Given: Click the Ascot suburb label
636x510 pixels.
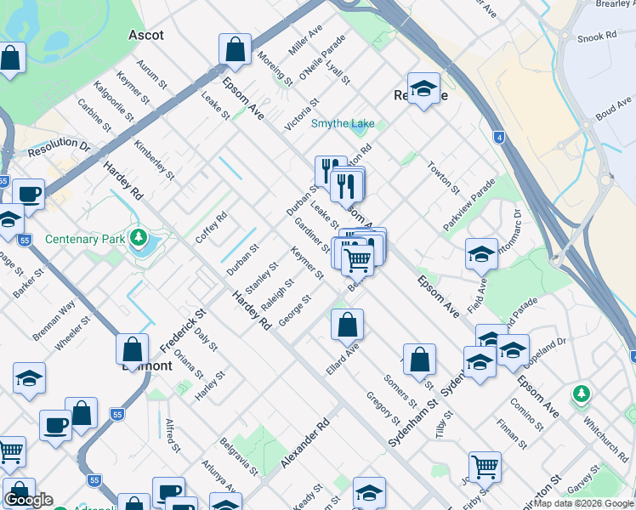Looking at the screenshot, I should (x=145, y=35).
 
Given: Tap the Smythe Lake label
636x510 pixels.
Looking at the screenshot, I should (x=342, y=124).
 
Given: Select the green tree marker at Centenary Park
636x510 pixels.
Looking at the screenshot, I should (x=138, y=237).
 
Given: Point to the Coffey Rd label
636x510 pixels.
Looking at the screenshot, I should (x=211, y=226).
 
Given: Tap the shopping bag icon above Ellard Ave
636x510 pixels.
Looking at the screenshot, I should (x=347, y=324).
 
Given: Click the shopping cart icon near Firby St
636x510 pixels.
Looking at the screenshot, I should (x=485, y=466).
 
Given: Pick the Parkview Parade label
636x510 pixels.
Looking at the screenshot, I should (x=468, y=204).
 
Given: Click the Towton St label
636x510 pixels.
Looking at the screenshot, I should (x=443, y=178).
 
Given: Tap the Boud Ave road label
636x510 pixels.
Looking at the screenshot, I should (x=613, y=109).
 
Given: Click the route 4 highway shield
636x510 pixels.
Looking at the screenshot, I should (x=498, y=136).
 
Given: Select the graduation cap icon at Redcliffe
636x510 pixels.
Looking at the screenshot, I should (x=423, y=88).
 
